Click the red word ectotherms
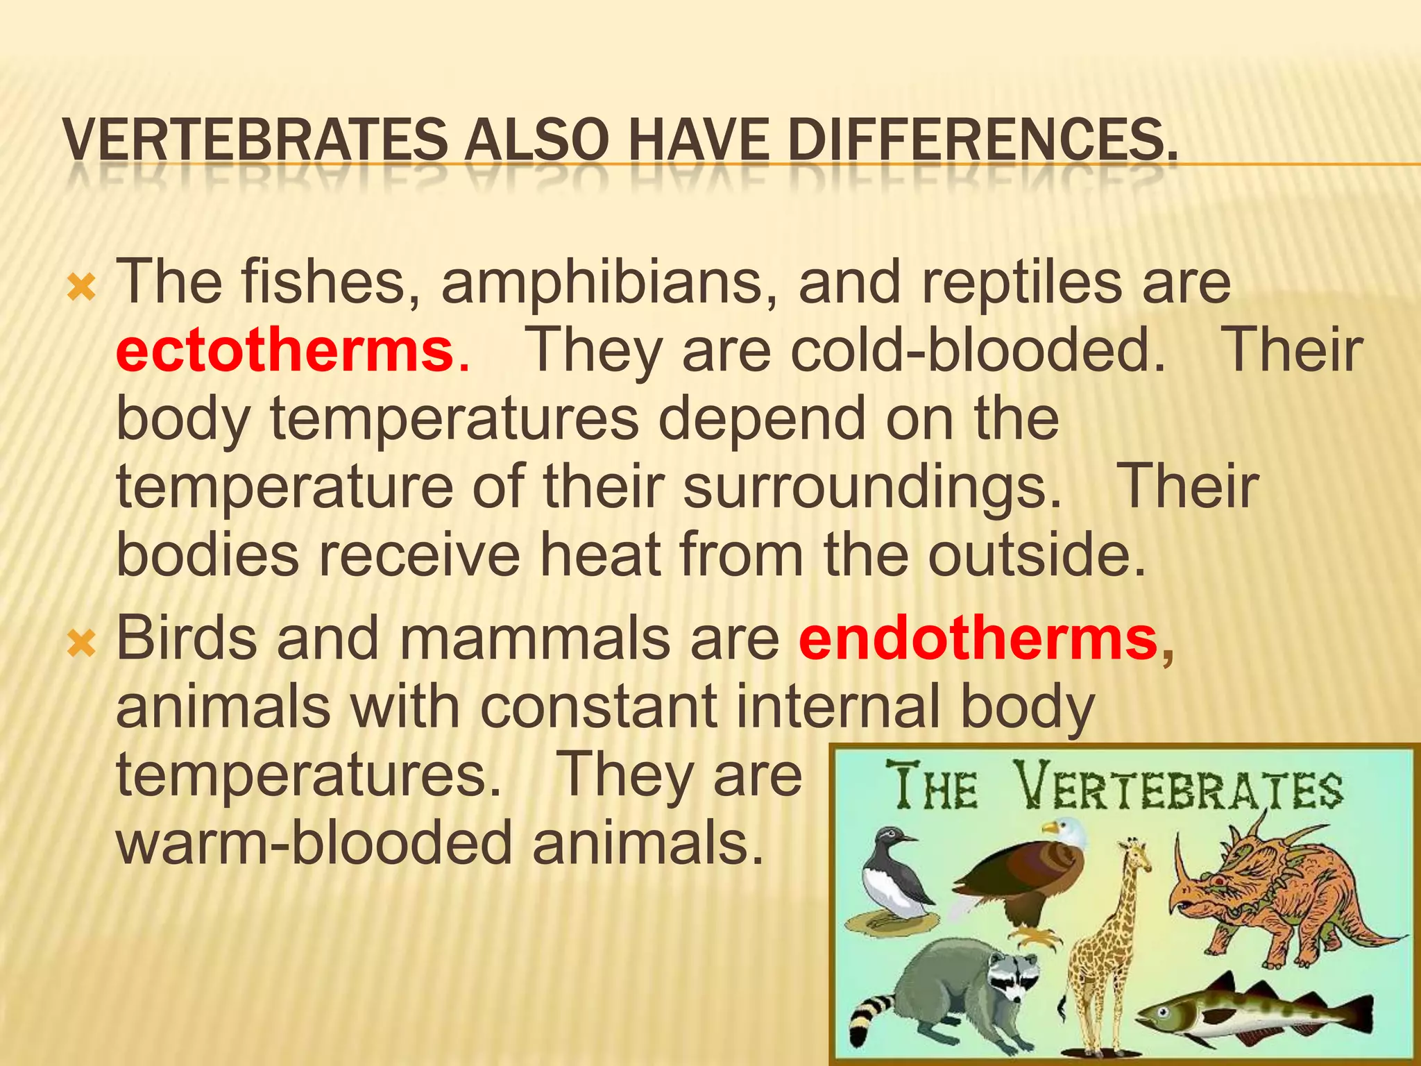point(284,350)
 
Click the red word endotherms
point(977,639)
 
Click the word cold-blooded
point(978,350)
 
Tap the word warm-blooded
point(313,844)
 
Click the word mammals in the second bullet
point(534,639)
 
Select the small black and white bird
point(892,878)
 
